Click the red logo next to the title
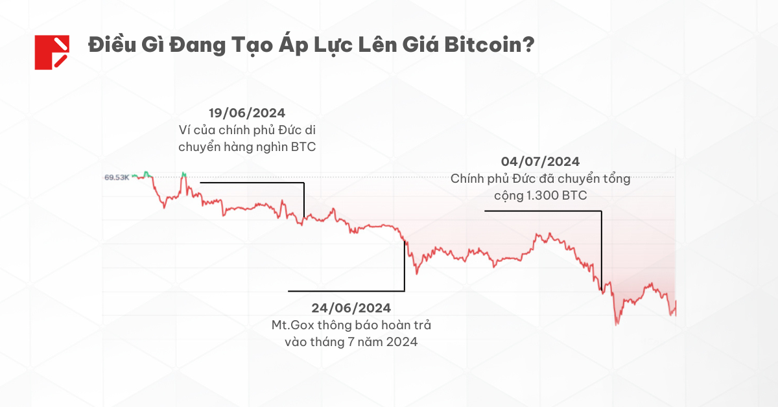(x=52, y=52)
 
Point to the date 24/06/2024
(x=351, y=307)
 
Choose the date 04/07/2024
(x=540, y=161)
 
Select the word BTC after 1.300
(x=574, y=195)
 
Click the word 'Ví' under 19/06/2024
(x=185, y=130)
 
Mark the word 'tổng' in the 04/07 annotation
(x=617, y=178)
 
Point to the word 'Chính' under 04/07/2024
(x=467, y=178)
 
